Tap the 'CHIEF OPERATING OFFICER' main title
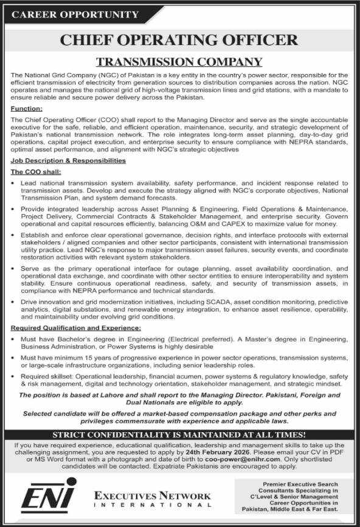(180, 40)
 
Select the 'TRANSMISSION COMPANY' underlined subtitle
(179, 61)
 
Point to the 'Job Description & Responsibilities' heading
(68, 160)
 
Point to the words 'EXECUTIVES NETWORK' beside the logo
(152, 496)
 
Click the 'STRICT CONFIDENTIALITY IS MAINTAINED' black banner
(179, 434)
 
